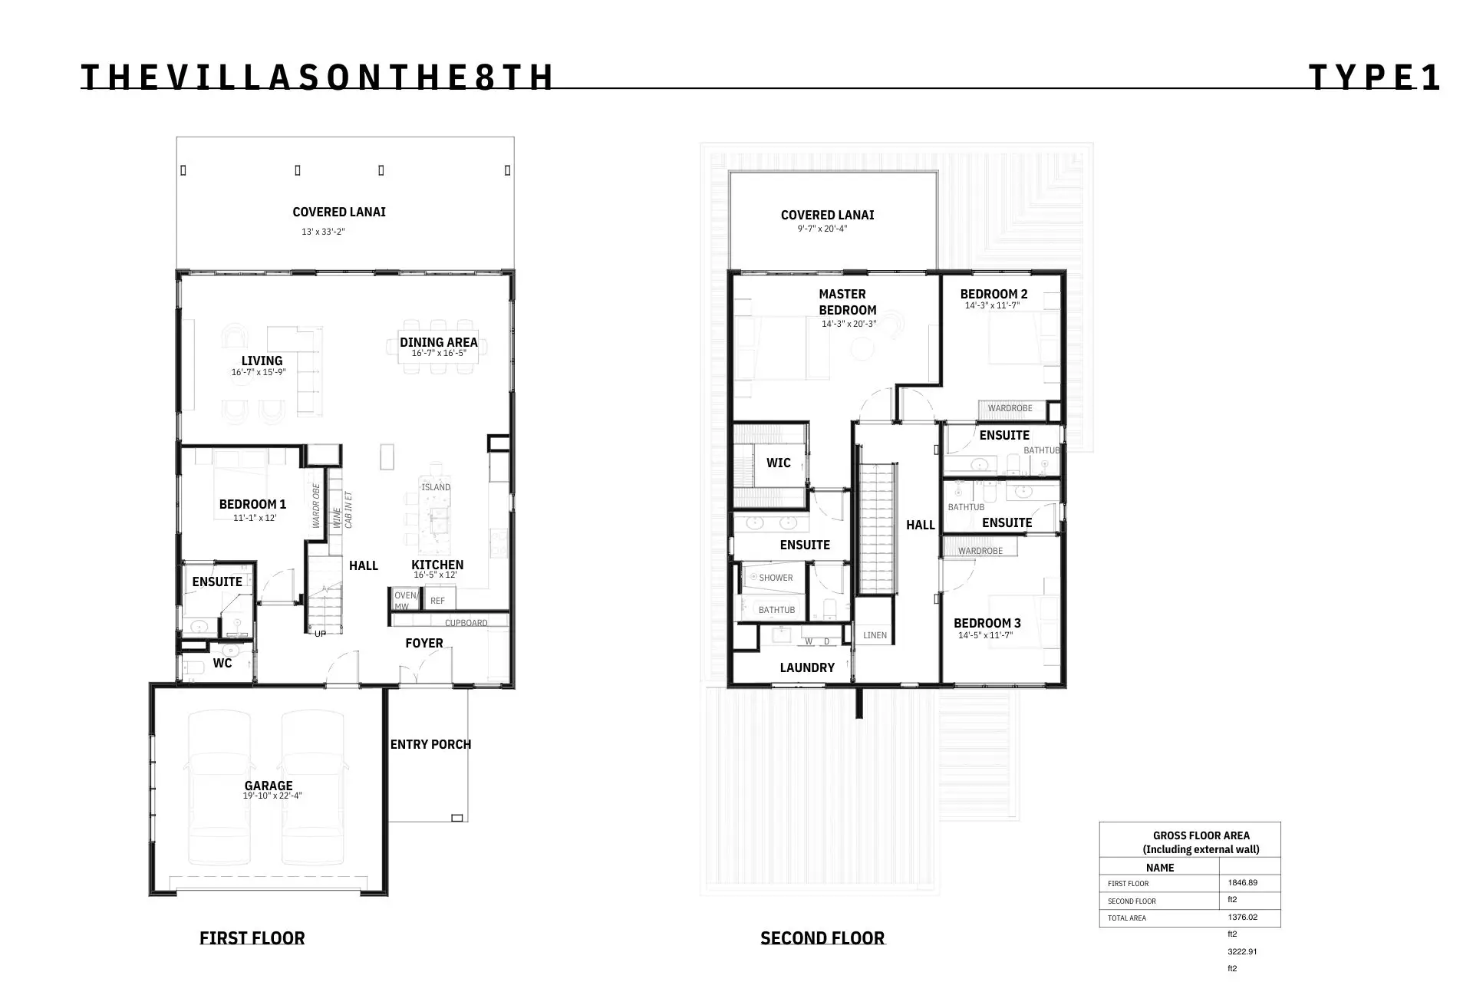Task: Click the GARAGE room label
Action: [x=269, y=786]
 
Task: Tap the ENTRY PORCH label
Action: [x=430, y=744]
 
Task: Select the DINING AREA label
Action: [x=439, y=342]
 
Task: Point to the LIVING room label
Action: [x=262, y=361]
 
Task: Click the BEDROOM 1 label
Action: [x=252, y=504]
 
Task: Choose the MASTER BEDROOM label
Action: [x=847, y=302]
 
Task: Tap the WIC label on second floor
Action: [x=779, y=463]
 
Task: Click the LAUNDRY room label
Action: [x=807, y=667]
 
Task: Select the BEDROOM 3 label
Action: [x=987, y=623]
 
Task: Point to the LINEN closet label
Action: [x=875, y=635]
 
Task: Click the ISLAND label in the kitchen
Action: [x=436, y=487]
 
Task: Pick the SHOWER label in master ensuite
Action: [x=776, y=578]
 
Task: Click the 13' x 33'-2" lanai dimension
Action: [x=323, y=232]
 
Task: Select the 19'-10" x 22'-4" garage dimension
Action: [x=272, y=796]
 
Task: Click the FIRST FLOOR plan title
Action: [x=252, y=938]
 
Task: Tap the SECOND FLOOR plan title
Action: [x=822, y=938]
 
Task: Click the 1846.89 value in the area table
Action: [x=1243, y=882]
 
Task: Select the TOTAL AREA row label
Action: [x=1127, y=918]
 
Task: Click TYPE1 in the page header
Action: [x=1374, y=77]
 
